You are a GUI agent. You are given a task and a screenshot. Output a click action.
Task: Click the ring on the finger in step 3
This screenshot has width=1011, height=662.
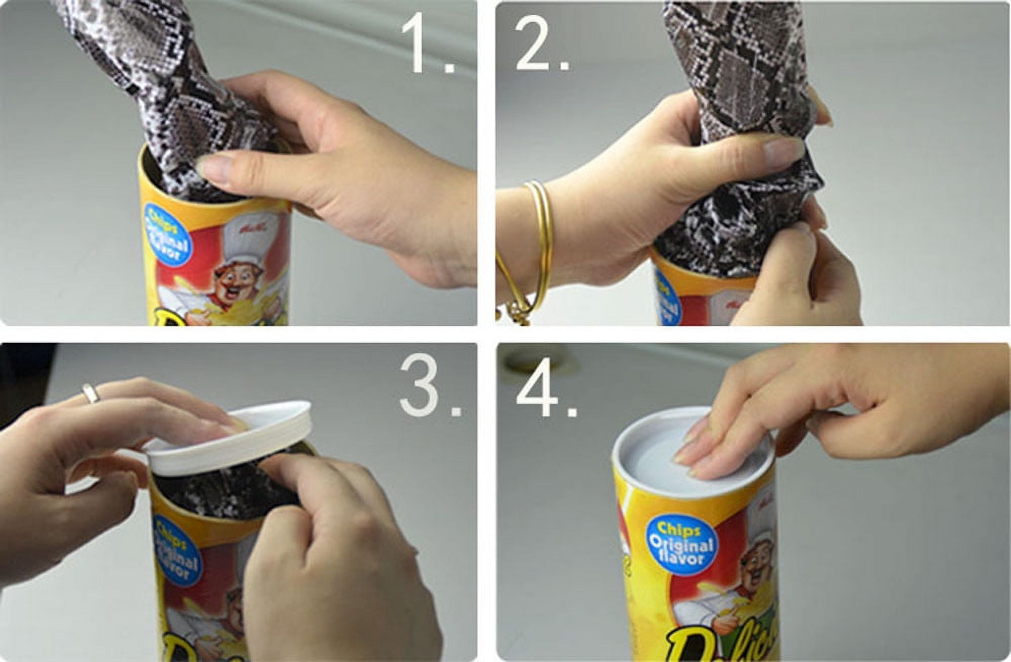click(90, 393)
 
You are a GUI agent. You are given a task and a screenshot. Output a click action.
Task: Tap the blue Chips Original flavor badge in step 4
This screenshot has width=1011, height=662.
click(680, 543)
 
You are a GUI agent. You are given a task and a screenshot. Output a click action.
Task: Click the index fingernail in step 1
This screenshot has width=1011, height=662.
click(215, 167)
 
